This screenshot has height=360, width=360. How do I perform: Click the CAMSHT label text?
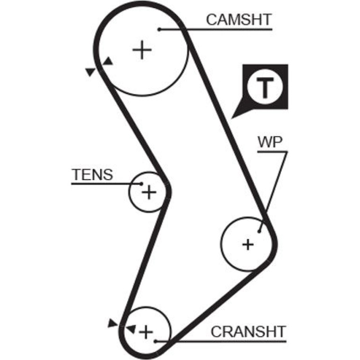click(239, 20)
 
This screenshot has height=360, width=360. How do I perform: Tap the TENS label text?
click(92, 174)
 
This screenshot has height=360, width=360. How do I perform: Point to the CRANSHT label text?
click(248, 331)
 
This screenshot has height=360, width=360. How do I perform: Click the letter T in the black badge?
click(265, 87)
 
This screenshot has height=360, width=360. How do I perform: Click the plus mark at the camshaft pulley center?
click(142, 50)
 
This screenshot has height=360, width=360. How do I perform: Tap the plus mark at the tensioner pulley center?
click(149, 192)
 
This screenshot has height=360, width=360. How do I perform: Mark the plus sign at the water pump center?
click(248, 245)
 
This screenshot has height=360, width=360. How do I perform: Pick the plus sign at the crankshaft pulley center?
click(146, 332)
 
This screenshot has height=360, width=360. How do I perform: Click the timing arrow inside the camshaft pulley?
click(108, 61)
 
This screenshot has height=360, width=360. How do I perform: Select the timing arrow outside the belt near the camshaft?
click(90, 72)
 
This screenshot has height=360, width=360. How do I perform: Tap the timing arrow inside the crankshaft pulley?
click(131, 329)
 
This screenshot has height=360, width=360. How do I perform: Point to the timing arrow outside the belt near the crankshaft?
click(113, 323)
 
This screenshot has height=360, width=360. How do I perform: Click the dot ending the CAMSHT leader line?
click(159, 29)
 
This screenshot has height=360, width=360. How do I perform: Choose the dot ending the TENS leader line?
click(141, 184)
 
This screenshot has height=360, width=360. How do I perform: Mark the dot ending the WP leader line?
click(259, 231)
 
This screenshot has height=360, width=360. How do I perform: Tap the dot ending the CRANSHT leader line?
click(155, 341)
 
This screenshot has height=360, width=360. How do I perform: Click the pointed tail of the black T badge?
click(231, 118)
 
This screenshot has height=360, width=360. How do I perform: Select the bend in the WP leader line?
click(287, 151)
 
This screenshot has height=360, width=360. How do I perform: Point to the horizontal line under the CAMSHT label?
click(216, 29)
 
